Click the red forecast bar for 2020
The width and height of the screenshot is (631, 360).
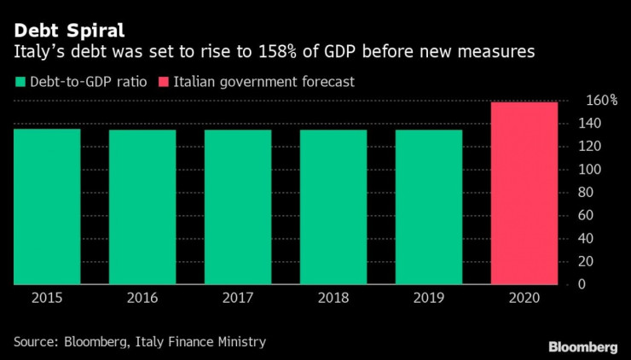(524, 194)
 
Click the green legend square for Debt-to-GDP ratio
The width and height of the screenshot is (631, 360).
(20, 82)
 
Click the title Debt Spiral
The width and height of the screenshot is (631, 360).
(62, 31)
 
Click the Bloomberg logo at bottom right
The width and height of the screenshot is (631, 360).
(582, 346)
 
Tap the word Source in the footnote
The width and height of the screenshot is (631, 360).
(35, 342)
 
